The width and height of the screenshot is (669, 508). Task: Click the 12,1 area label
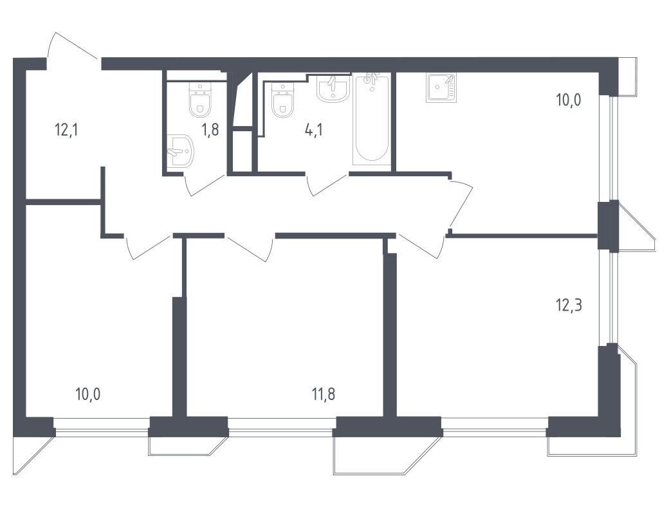pyautogui.click(x=66, y=129)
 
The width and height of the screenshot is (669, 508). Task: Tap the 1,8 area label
pyautogui.click(x=210, y=129)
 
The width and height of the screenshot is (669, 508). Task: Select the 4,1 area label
pyautogui.click(x=313, y=129)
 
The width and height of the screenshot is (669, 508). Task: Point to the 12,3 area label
pyautogui.click(x=569, y=305)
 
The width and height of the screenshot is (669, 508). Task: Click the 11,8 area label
pyautogui.click(x=323, y=394)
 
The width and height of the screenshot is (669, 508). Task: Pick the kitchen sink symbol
pyautogui.click(x=441, y=87)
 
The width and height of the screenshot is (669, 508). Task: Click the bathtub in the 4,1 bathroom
pyautogui.click(x=372, y=120)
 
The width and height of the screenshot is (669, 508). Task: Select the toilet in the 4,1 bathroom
pyautogui.click(x=282, y=100)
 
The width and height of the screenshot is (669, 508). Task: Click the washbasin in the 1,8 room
pyautogui.click(x=181, y=151)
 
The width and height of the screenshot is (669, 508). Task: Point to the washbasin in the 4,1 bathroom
pyautogui.click(x=334, y=89)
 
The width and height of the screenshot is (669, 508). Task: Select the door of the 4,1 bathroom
pyautogui.click(x=327, y=185)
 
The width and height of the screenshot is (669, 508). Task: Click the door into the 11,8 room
pyautogui.click(x=249, y=248)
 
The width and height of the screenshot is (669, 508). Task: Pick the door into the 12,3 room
pyautogui.click(x=419, y=246)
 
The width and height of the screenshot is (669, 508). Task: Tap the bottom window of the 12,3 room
pyautogui.click(x=495, y=426)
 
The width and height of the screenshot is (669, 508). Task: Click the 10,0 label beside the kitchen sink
pyautogui.click(x=568, y=101)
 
